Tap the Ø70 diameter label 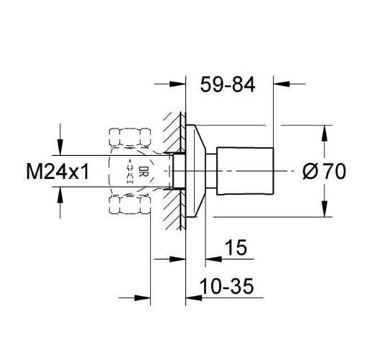pyautogui.click(x=325, y=172)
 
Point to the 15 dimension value pyautogui.click(x=234, y=248)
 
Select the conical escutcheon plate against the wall pyautogui.click(x=195, y=171)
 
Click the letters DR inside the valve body pyautogui.click(x=143, y=172)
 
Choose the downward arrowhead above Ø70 pyautogui.click(x=325, y=135)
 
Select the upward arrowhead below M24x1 pyautogui.click(x=61, y=196)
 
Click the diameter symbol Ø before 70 pyautogui.click(x=310, y=172)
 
